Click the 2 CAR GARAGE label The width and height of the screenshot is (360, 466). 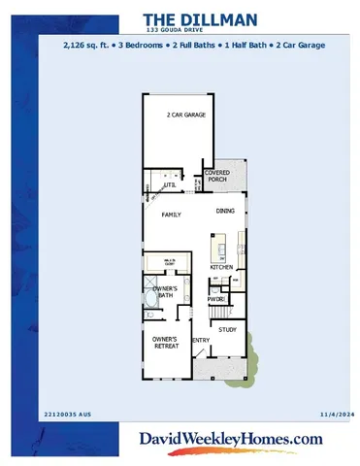(185, 114)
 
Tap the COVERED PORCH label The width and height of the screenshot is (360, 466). (216, 175)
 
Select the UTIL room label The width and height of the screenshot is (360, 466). (170, 183)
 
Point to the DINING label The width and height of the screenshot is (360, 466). (225, 211)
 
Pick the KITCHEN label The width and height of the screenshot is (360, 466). (222, 267)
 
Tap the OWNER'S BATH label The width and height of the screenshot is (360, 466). (163, 291)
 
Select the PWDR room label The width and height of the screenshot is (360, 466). (215, 299)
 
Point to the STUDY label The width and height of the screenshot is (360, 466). (227, 330)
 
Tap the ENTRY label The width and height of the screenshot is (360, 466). (201, 340)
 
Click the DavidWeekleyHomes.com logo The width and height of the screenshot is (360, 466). (231, 441)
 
